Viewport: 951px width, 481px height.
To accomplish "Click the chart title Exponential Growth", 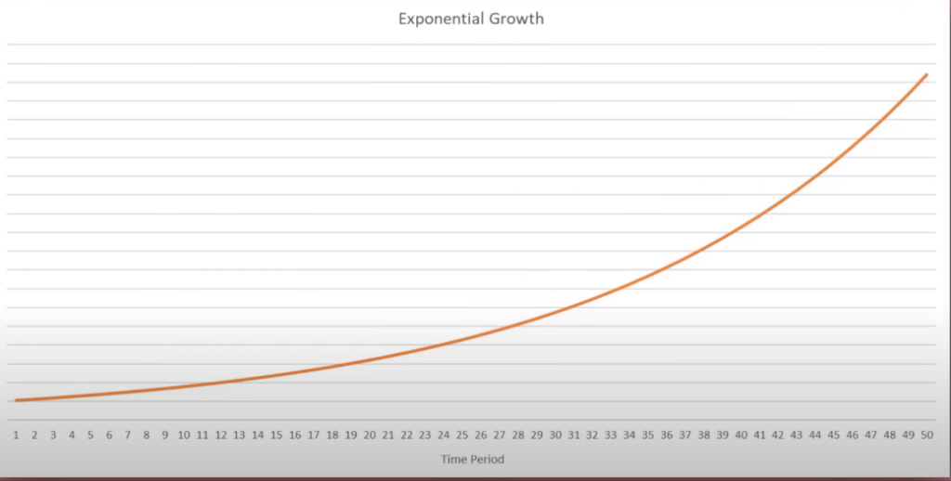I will pos(471,19).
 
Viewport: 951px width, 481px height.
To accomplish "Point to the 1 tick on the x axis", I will pos(17,435).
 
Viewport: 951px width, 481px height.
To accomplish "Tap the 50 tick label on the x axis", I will pos(926,435).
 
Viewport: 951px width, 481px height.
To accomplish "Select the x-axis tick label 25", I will pos(462,435).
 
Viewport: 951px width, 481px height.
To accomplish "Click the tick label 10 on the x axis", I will pos(183,435).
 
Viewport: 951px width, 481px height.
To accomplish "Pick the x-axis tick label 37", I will pos(684,435).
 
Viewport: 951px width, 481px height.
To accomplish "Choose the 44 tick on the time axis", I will pos(814,435).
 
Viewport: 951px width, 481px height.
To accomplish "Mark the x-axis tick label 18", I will pos(332,435).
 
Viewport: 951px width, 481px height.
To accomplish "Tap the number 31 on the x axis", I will pos(573,435).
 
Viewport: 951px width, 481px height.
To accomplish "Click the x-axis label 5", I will pos(91,435).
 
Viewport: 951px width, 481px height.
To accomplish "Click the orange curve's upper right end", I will pos(926,74).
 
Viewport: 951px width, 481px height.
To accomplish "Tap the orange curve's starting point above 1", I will pos(17,400).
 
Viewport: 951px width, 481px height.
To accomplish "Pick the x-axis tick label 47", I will pos(870,435).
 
